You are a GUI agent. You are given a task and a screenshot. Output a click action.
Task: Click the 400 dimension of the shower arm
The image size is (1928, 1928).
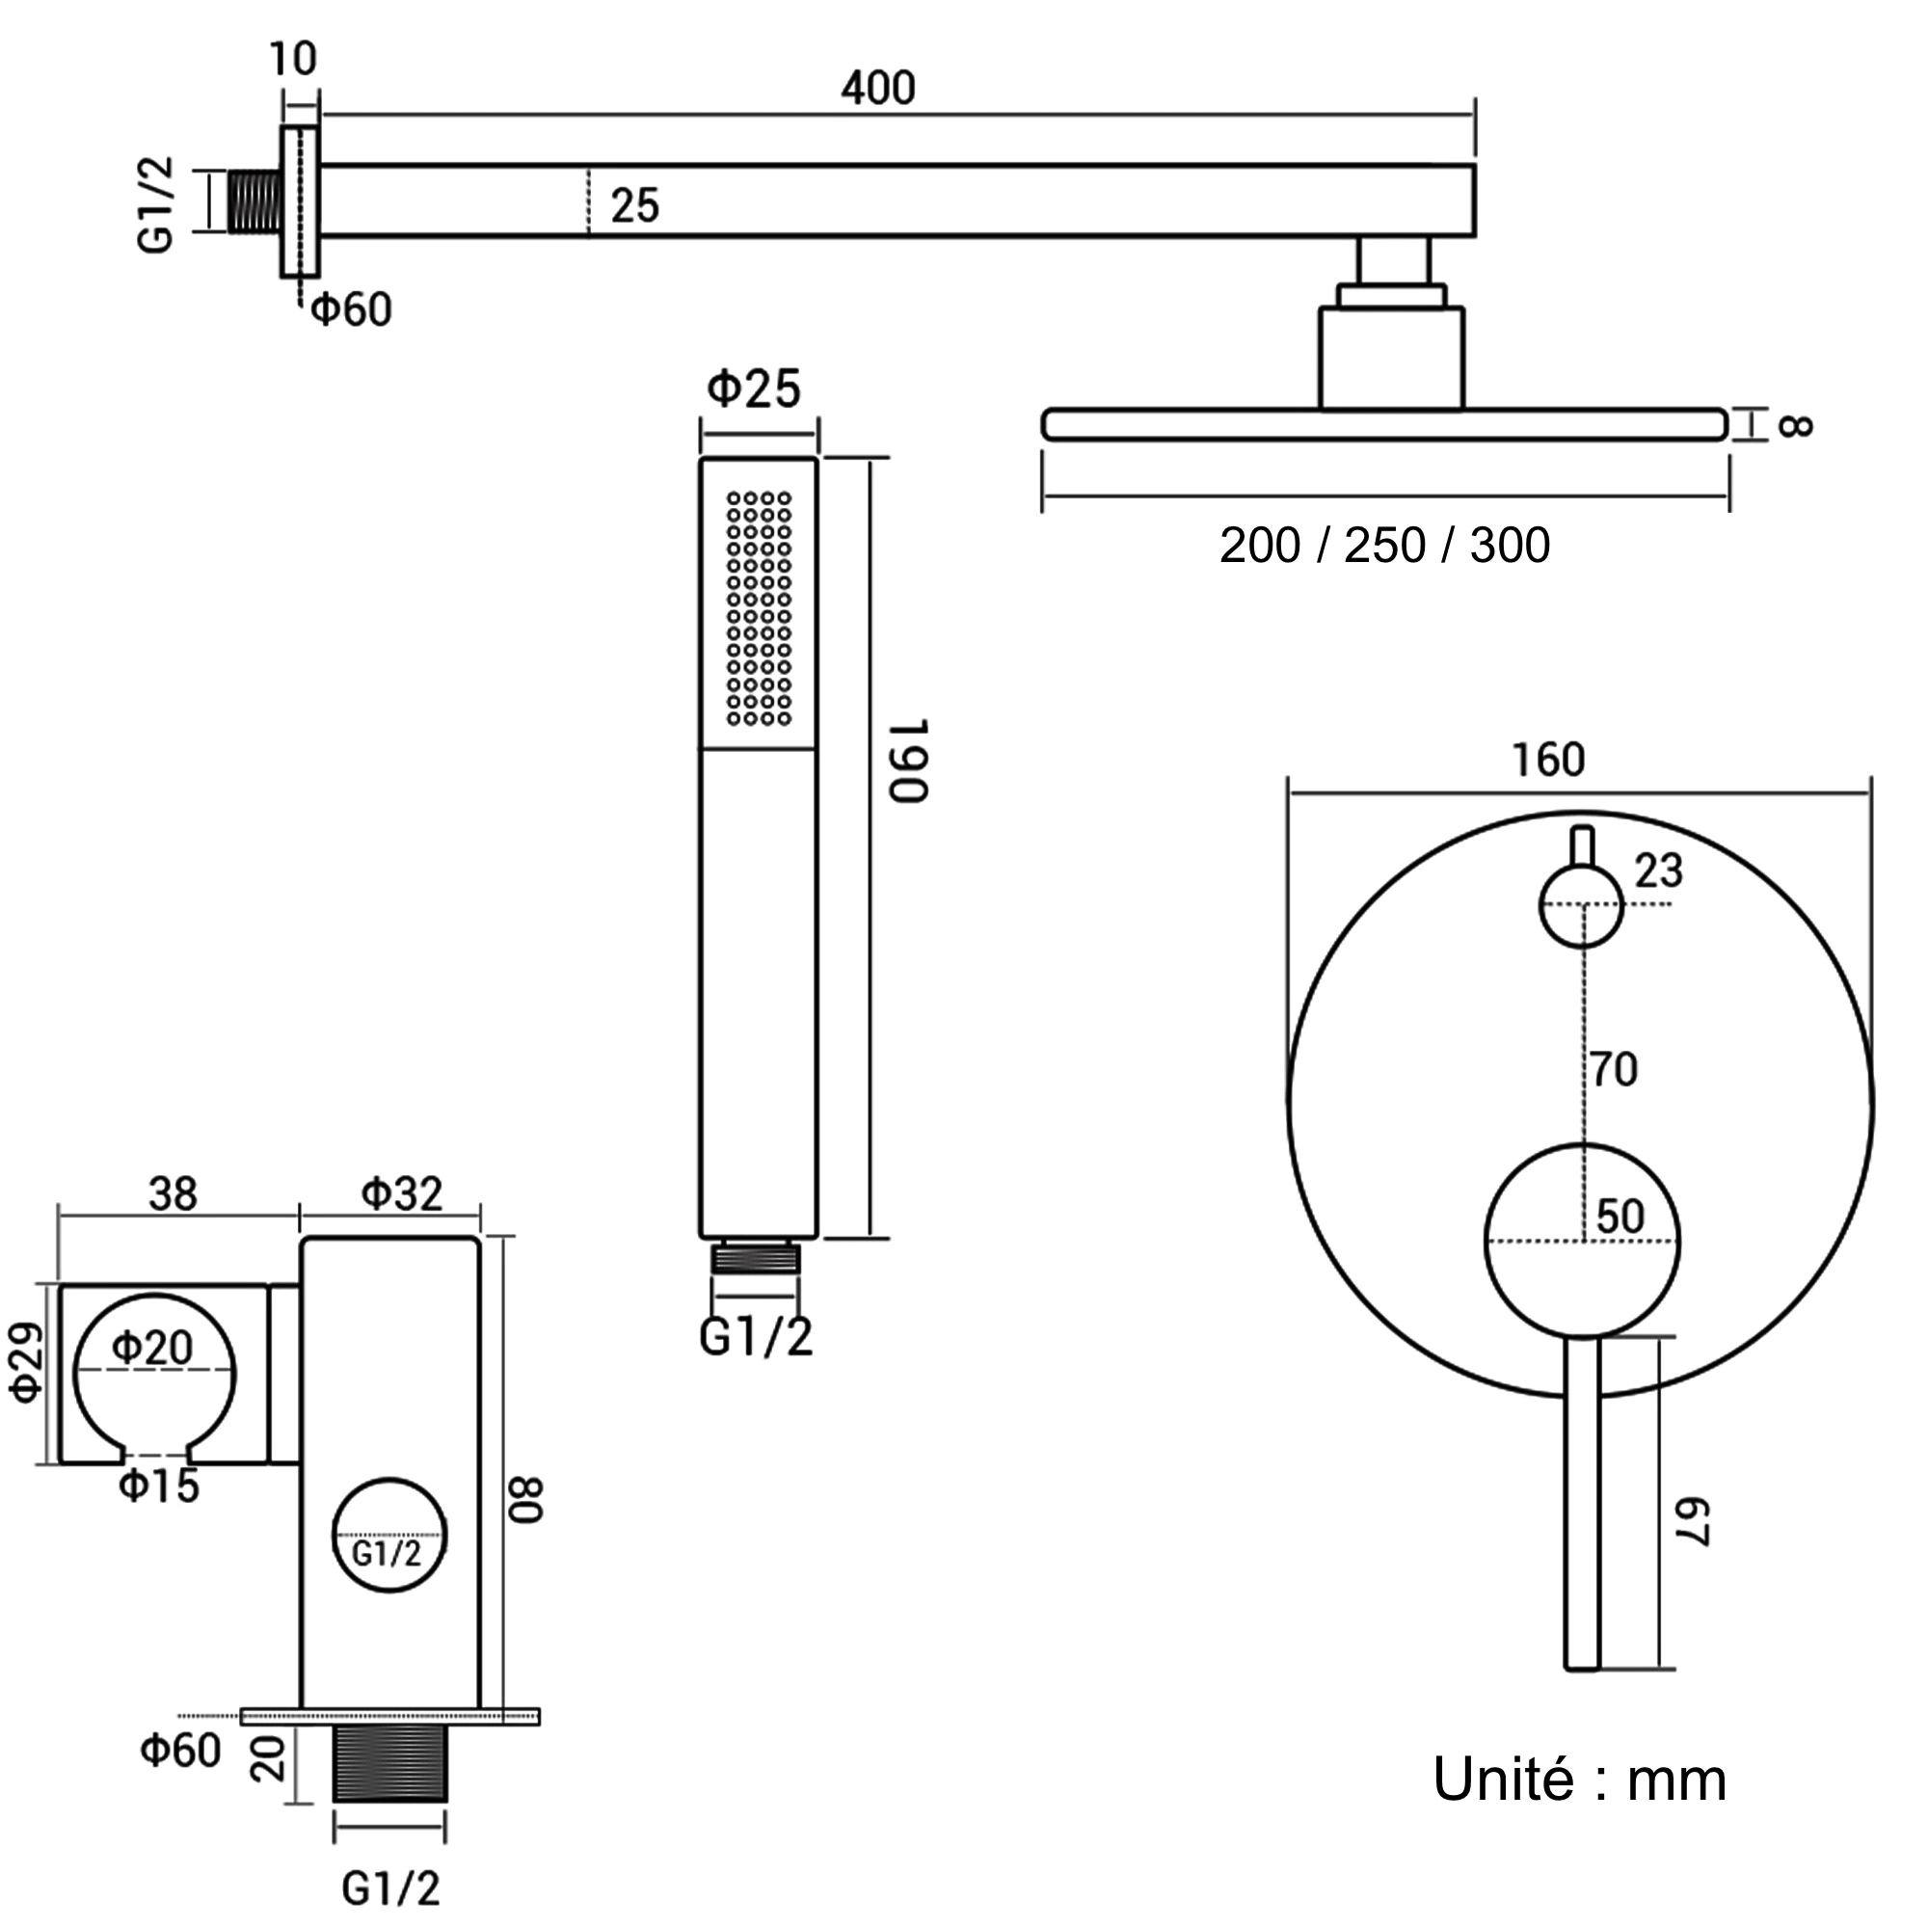(877, 88)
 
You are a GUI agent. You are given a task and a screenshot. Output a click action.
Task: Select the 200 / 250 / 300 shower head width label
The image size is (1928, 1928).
(1384, 546)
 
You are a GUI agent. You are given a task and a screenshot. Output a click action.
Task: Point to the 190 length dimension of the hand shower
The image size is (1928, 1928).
(909, 760)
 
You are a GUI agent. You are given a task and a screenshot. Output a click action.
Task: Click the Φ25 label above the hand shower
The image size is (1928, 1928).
(754, 389)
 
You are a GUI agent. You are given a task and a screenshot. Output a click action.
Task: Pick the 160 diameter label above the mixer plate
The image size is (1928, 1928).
(1548, 761)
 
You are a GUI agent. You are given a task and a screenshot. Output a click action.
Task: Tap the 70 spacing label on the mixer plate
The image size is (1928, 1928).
(1615, 1070)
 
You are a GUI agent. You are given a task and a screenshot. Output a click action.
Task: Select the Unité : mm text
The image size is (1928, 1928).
(1579, 1780)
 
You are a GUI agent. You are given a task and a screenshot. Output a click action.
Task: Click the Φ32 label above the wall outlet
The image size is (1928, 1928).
(401, 1193)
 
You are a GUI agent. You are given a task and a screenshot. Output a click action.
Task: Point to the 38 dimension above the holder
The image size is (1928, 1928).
(174, 1193)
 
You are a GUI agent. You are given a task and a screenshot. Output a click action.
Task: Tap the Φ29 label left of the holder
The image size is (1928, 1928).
(28, 1362)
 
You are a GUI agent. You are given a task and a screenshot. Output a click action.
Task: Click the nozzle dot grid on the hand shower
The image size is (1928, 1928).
(759, 607)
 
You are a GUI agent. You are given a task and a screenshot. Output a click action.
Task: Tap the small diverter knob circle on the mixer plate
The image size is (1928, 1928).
(1581, 906)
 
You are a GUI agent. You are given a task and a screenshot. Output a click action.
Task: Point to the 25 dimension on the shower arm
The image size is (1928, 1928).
(634, 206)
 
